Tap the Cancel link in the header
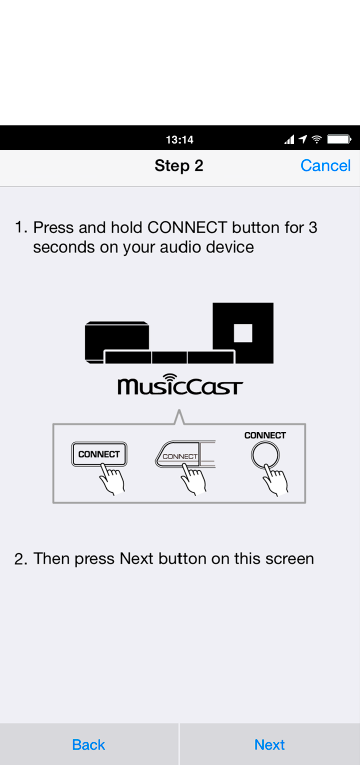coord(325,166)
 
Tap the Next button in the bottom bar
coord(269,745)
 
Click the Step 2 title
coord(179,166)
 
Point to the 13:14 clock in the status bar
coord(180,140)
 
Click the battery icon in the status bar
coord(339,140)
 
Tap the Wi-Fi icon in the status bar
coord(317,140)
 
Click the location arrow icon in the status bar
coord(303,140)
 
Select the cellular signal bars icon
coord(290,140)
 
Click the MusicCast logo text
coord(180,386)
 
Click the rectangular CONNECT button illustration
coord(99,454)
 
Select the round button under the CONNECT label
coord(265,456)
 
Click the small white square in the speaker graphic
coord(243,333)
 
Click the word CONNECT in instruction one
coord(187,227)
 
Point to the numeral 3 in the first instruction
coord(313,227)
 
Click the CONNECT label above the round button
coord(265,435)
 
